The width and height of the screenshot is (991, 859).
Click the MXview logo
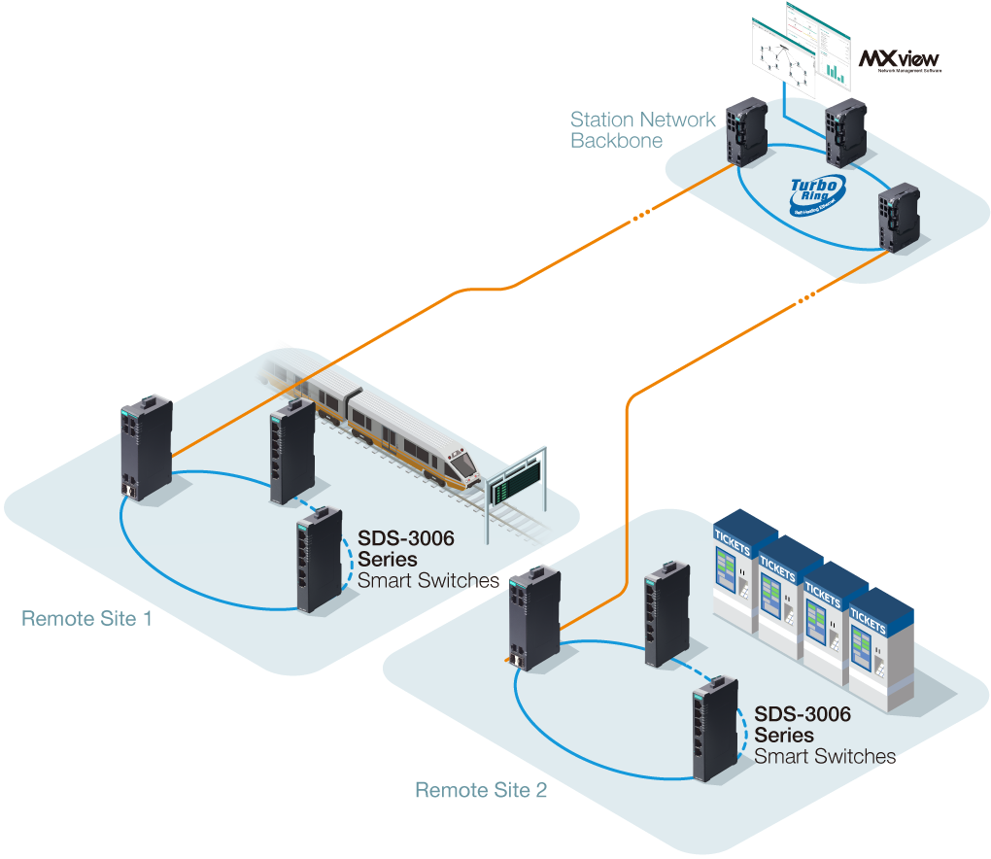(x=900, y=59)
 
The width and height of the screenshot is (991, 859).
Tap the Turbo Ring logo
(x=816, y=193)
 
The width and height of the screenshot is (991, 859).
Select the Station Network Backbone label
(x=642, y=130)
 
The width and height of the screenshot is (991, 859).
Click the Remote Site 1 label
(x=86, y=618)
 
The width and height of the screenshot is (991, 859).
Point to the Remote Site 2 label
(x=481, y=790)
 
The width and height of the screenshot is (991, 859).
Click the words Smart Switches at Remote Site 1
(x=428, y=581)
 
